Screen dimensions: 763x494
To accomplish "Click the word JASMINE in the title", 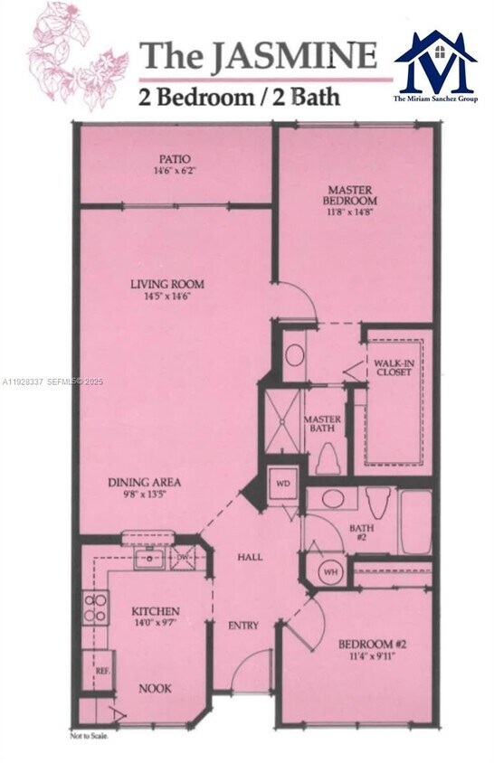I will point(294,56).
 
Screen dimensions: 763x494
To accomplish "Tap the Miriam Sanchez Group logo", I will point(435,67).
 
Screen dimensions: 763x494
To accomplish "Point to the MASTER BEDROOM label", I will point(352,194).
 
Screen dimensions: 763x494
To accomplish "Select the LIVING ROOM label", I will point(167,284).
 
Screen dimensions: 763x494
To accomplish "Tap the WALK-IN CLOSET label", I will point(388,370).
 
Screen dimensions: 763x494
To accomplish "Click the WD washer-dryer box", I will point(282,484).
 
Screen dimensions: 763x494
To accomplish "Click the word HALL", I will point(251,557).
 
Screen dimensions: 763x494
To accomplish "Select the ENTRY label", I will point(243,625).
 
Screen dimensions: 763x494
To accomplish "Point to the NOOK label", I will point(156,688).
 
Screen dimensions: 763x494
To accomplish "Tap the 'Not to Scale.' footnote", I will point(90,736).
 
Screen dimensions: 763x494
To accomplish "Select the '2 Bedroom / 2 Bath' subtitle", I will point(239,96).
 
